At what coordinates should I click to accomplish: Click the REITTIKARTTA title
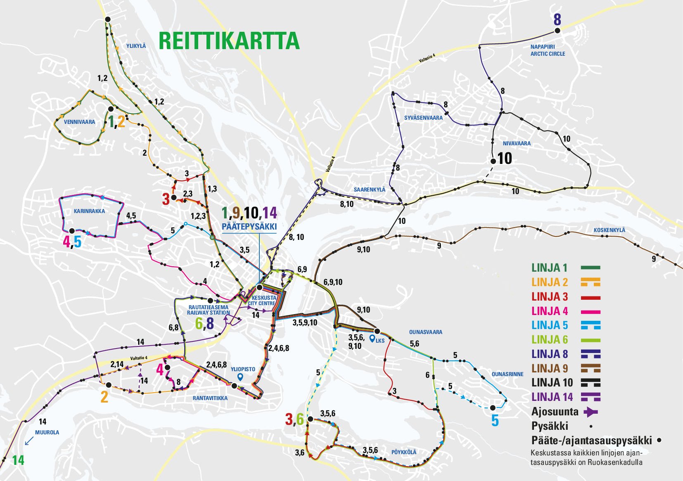pos(229,40)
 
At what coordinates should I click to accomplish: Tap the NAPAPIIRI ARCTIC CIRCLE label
pos(548,50)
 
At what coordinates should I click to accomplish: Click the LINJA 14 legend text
pos(552,397)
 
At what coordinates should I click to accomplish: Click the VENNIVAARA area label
pos(79,122)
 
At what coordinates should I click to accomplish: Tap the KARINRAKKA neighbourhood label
pos(89,211)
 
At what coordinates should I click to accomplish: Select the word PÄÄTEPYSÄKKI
pos(249,227)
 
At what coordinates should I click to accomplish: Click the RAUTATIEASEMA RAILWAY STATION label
pos(208,310)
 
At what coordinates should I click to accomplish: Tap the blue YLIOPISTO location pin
pos(240,377)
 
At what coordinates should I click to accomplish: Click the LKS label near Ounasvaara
pos(380,340)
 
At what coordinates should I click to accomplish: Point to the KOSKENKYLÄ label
pos(609,230)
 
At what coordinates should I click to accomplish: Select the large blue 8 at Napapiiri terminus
pos(557,19)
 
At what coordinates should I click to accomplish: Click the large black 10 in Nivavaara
pos(505,158)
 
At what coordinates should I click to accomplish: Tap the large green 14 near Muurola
pos(18,460)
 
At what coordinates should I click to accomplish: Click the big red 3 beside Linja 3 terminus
pos(166,199)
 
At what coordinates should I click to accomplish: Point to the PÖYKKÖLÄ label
pos(404,452)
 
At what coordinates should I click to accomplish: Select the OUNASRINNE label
pos(507,374)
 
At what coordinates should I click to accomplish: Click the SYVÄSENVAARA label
pos(423,118)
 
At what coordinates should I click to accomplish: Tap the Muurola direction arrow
pos(29,441)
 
